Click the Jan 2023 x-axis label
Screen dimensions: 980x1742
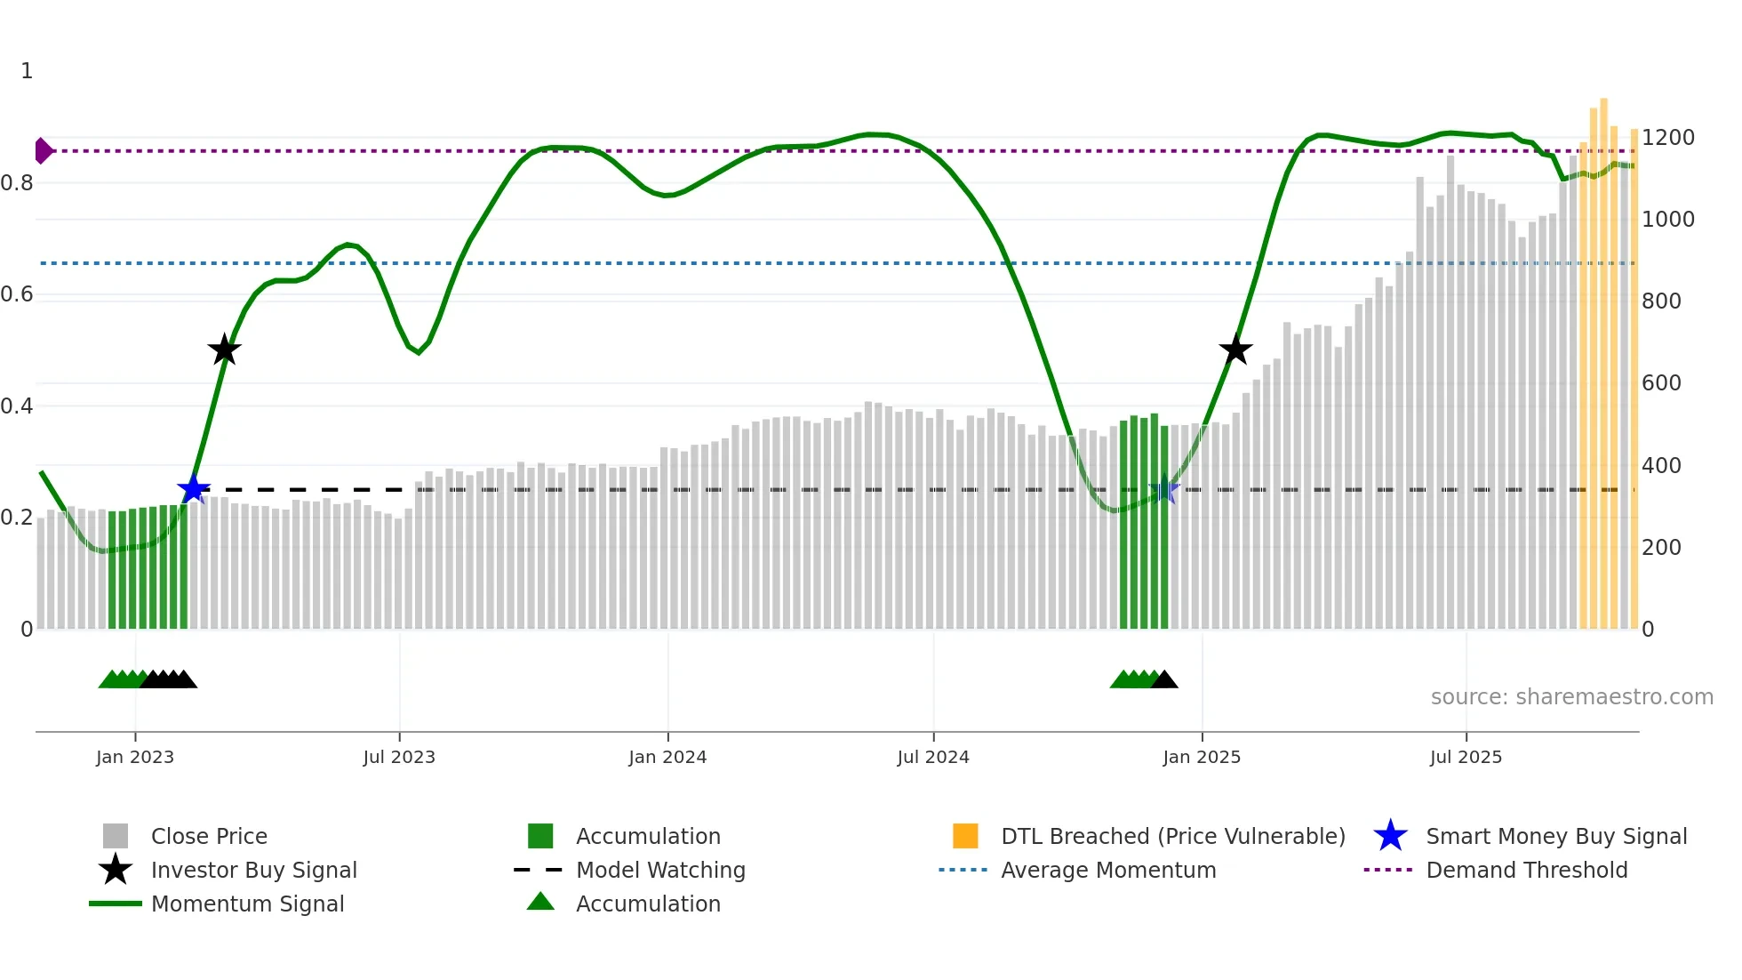point(135,757)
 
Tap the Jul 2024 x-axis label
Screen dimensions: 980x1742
point(933,757)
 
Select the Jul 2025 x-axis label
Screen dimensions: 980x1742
point(1466,757)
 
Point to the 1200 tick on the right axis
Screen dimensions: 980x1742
point(1668,138)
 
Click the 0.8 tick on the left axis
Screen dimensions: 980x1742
point(17,183)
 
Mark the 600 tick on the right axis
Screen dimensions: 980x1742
point(1661,383)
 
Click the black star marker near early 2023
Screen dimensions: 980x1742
point(224,349)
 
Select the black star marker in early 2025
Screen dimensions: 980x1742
point(1235,349)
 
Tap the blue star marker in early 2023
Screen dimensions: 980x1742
point(193,489)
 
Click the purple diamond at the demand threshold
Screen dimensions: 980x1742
point(43,151)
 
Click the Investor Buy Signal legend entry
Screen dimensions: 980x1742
point(253,870)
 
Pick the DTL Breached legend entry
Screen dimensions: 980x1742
point(1172,836)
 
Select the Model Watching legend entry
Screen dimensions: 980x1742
point(660,870)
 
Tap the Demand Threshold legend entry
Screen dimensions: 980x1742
point(1526,870)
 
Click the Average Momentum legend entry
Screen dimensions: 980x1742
point(1108,870)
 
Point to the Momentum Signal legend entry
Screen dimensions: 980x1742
point(247,904)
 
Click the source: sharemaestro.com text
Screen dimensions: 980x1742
point(1571,697)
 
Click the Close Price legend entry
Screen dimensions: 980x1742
point(209,836)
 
